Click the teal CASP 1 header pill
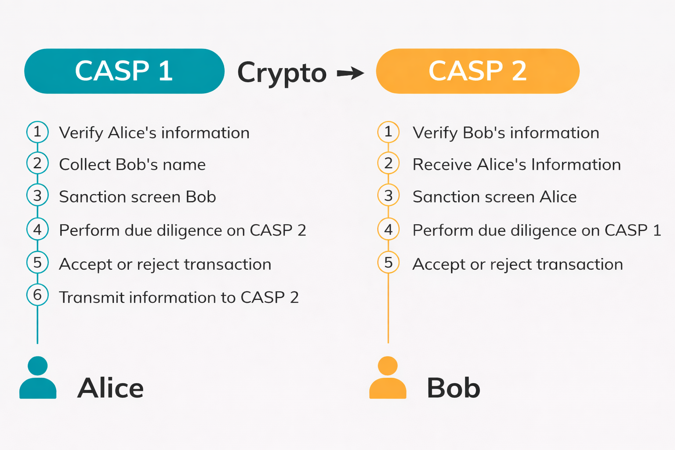124,71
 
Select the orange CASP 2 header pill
478,71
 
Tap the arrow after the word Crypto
350,73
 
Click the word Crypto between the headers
282,73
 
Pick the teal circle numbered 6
37,295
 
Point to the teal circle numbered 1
37,132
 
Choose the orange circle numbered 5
388,262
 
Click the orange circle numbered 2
388,163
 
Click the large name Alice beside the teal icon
110,388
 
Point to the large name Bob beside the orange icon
454,388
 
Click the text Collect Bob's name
132,165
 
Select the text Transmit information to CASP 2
179,298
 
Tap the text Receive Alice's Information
517,165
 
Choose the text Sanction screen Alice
494,197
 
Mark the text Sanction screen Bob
138,197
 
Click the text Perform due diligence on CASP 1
537,230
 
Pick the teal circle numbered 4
37,229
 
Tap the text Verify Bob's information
506,133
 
